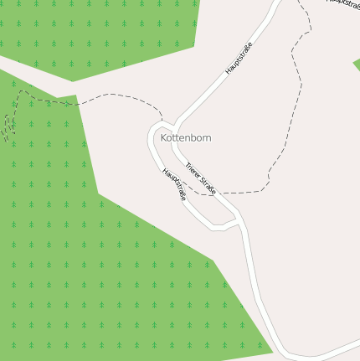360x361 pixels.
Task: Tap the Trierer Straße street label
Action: (x=201, y=178)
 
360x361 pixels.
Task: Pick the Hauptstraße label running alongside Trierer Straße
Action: (x=174, y=185)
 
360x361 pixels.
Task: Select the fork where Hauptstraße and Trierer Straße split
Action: (x=172, y=126)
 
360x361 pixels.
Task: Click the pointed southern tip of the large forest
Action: (x=272, y=349)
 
